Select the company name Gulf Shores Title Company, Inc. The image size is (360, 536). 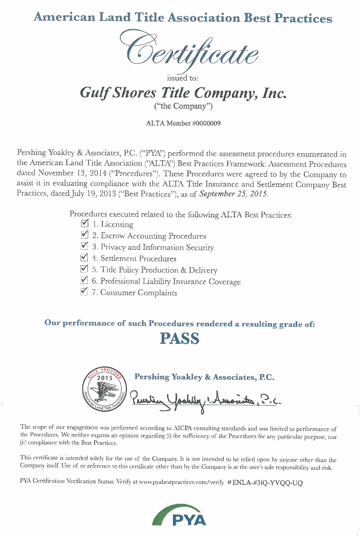pyautogui.click(x=183, y=93)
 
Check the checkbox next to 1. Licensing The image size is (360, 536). pyautogui.click(x=84, y=223)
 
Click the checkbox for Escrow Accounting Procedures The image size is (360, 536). pyautogui.click(x=84, y=235)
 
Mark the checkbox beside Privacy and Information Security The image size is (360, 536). pyautogui.click(x=84, y=246)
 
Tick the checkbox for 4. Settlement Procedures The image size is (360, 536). pyautogui.click(x=84, y=257)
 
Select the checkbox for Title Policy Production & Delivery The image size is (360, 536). pyautogui.click(x=84, y=269)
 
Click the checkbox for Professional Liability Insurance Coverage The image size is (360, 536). pyautogui.click(x=84, y=280)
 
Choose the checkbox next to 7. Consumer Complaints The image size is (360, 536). pyautogui.click(x=84, y=292)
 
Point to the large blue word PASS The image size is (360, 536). pyautogui.click(x=180, y=339)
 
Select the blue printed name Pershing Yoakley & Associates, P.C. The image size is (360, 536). pyautogui.click(x=204, y=377)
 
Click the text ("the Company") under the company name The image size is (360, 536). pyautogui.click(x=183, y=106)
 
